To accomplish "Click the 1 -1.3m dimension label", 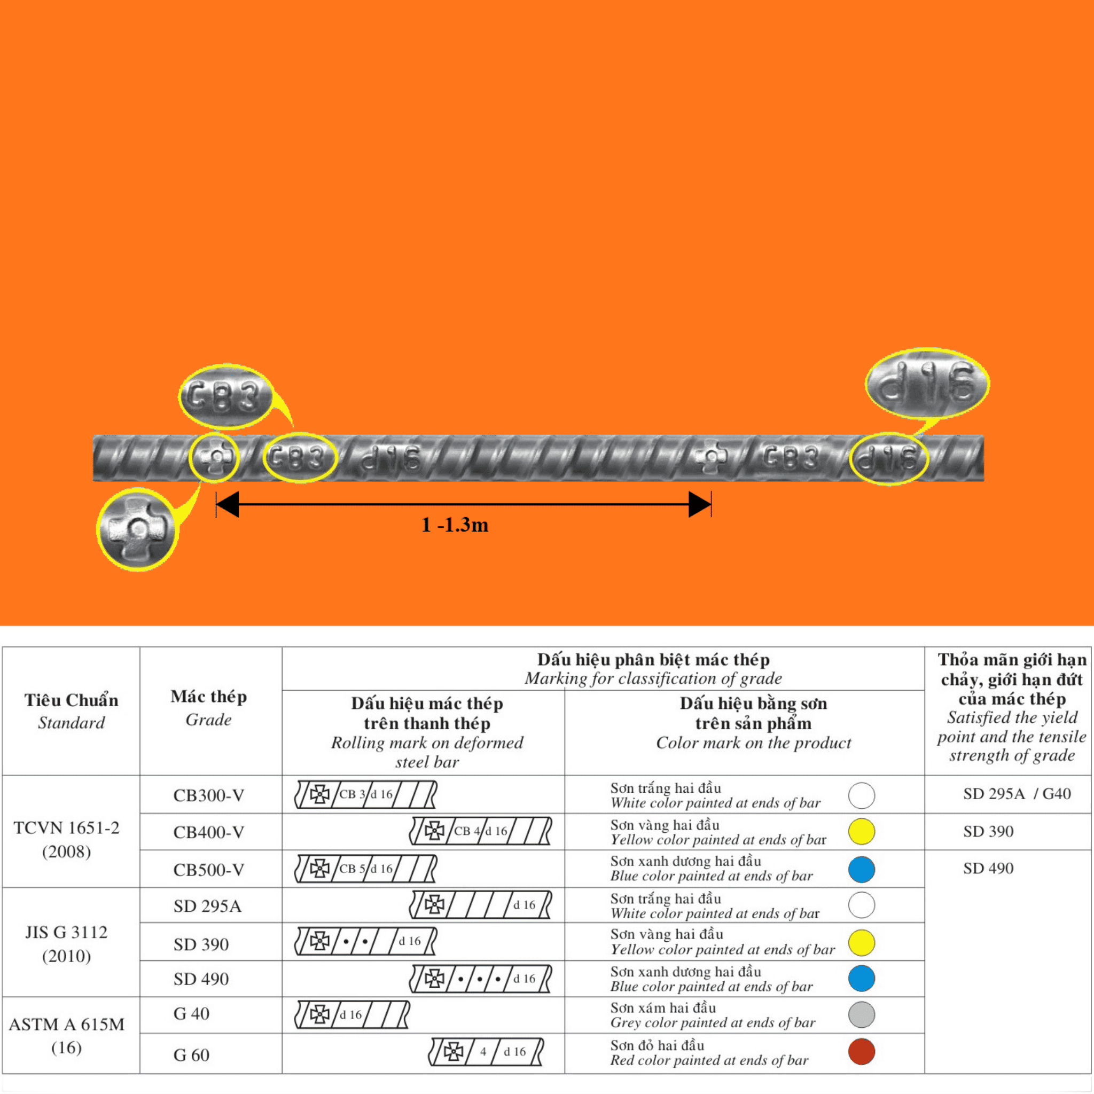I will pyautogui.click(x=455, y=525).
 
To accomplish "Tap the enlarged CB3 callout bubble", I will pyautogui.click(x=225, y=396).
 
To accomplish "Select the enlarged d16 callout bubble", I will pyautogui.click(x=927, y=384).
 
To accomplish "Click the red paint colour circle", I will pyautogui.click(x=861, y=1051).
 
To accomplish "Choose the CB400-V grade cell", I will pyautogui.click(x=208, y=832).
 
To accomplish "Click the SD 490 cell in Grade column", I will pyautogui.click(x=201, y=979).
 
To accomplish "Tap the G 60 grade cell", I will pyautogui.click(x=191, y=1054).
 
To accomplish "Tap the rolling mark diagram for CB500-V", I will pyautogui.click(x=366, y=869).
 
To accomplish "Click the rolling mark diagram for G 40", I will pyautogui.click(x=351, y=1014).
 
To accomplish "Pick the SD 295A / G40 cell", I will pyautogui.click(x=1017, y=793).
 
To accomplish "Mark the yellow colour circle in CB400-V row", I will pyautogui.click(x=861, y=831).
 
